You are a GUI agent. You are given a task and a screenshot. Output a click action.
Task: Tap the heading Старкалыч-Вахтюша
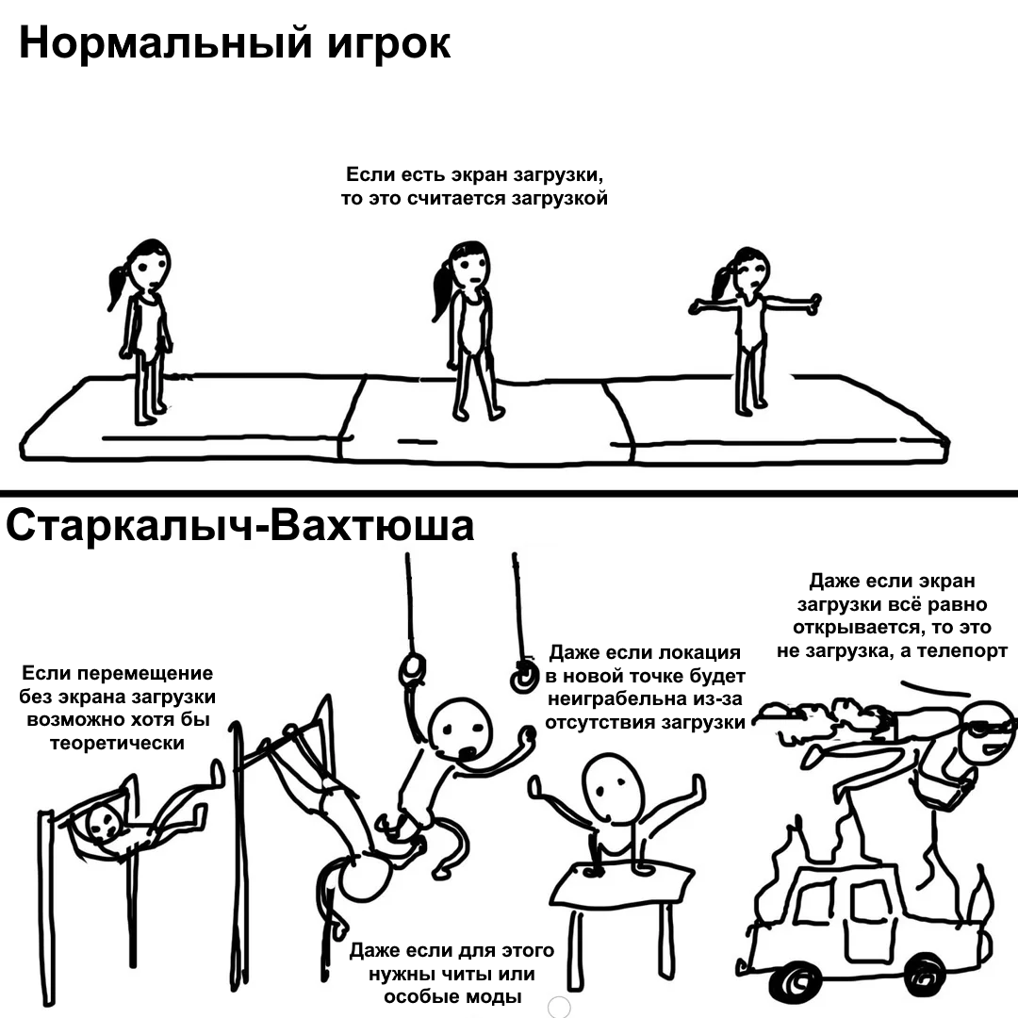pos(239,525)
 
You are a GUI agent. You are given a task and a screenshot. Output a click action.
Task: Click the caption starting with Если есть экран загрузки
pos(474,186)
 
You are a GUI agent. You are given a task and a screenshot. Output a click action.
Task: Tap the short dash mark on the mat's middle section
pos(417,442)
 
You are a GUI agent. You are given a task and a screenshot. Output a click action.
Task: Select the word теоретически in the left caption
pos(118,743)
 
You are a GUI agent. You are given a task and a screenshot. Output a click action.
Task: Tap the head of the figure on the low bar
pos(104,821)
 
